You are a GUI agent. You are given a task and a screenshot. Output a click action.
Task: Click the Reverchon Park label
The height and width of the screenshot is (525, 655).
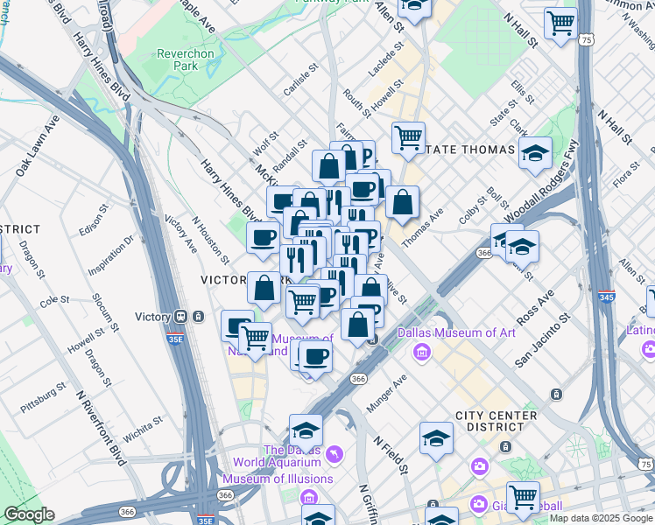pyautogui.click(x=185, y=59)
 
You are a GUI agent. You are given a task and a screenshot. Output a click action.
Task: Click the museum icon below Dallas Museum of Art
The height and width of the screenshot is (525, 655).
pyautogui.click(x=422, y=352)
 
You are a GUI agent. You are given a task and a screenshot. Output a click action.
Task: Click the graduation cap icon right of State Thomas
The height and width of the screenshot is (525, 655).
pyautogui.click(x=535, y=153)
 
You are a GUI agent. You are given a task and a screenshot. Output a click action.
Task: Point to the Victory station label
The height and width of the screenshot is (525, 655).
pyautogui.click(x=153, y=317)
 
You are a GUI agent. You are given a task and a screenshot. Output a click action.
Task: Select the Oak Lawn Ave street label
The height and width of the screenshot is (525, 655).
pyautogui.click(x=39, y=138)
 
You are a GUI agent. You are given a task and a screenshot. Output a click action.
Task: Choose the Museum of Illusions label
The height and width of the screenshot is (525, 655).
pyautogui.click(x=277, y=479)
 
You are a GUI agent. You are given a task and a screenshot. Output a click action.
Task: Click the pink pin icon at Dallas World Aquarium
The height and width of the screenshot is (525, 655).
pyautogui.click(x=334, y=455)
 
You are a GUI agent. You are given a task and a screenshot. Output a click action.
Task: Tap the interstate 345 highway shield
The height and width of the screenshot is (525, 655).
pyautogui.click(x=605, y=298)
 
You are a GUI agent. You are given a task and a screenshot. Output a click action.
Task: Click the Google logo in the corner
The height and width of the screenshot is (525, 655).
pyautogui.click(x=29, y=514)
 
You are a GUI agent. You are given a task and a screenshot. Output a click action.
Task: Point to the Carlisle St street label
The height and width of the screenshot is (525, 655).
pyautogui.click(x=298, y=80)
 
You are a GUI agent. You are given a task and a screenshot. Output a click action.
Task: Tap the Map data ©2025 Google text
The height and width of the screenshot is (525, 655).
pyautogui.click(x=600, y=519)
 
